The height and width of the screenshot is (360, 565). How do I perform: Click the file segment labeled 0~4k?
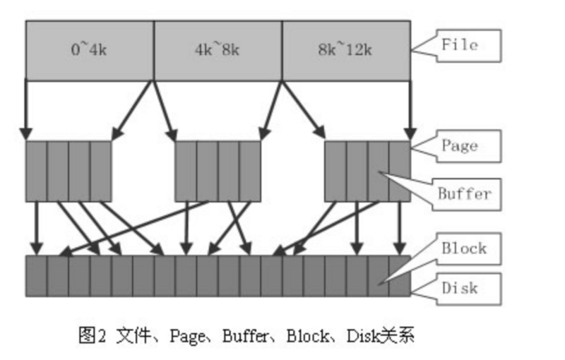pyautogui.click(x=90, y=50)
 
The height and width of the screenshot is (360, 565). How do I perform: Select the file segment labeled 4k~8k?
pyautogui.click(x=218, y=50)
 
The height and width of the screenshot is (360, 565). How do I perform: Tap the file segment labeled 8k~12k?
pyautogui.click(x=346, y=50)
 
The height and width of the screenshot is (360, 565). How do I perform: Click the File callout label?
pyautogui.click(x=460, y=45)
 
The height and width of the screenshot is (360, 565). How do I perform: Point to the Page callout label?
pyautogui.click(x=460, y=146)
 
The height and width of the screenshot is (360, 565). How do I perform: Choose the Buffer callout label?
pyautogui.click(x=464, y=193)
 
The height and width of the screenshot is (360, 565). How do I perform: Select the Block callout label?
pyautogui.click(x=464, y=248)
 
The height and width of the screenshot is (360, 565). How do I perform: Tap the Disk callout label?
pyautogui.click(x=460, y=288)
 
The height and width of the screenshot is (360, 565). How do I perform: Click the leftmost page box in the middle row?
pyautogui.click(x=69, y=171)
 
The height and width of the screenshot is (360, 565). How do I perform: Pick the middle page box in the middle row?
pyautogui.click(x=218, y=171)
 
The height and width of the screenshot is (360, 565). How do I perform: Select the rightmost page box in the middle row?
pyautogui.click(x=367, y=171)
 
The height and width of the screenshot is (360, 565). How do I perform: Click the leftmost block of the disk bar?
pyautogui.click(x=36, y=275)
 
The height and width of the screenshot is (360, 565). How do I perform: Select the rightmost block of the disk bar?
pyautogui.click(x=400, y=275)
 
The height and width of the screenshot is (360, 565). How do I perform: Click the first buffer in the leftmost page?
pyautogui.click(x=36, y=171)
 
